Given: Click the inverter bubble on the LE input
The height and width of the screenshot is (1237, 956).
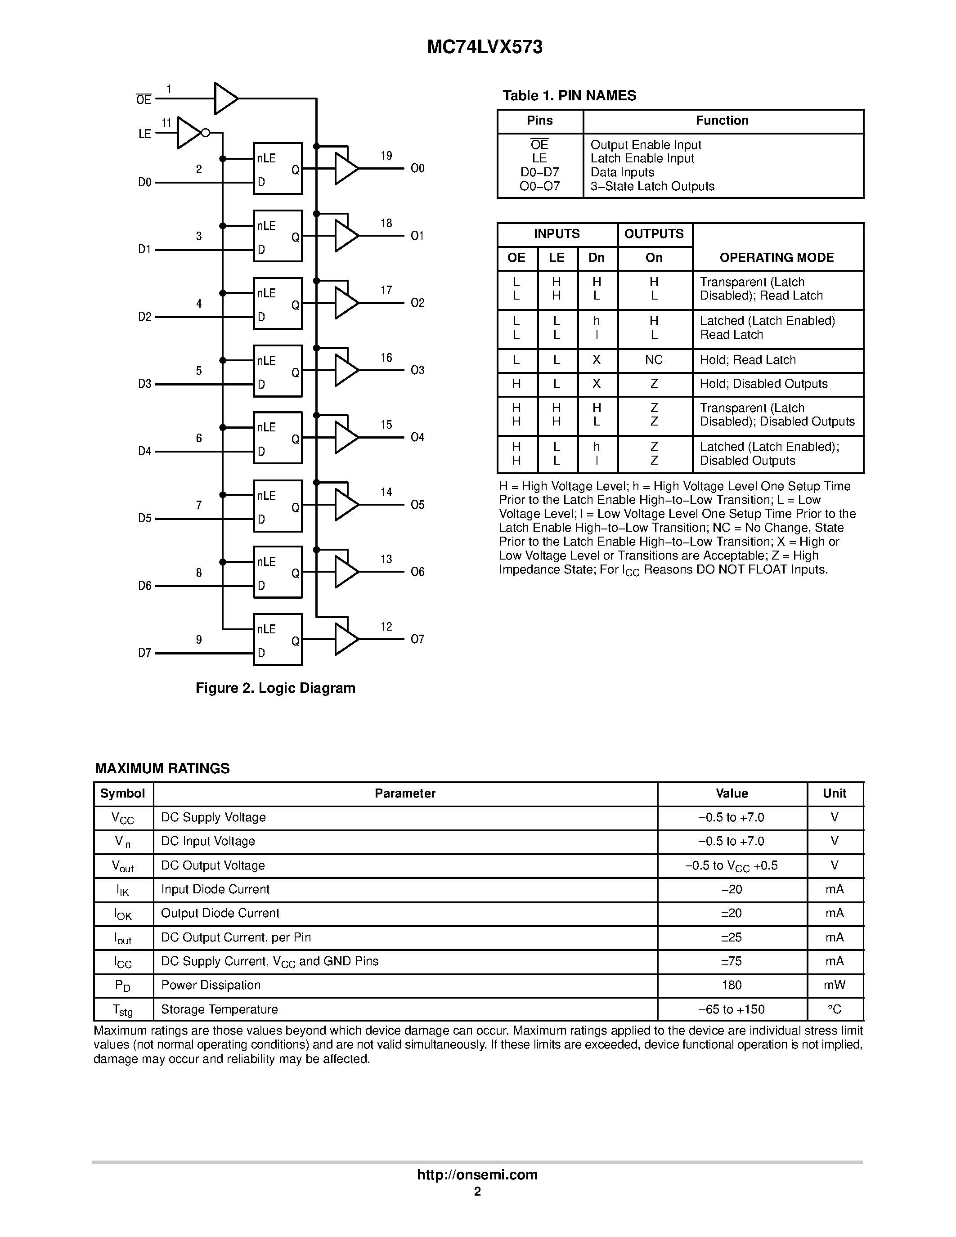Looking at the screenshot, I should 206,133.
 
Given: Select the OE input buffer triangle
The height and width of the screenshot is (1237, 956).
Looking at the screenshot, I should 225,99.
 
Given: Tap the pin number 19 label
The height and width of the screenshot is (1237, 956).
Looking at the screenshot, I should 386,156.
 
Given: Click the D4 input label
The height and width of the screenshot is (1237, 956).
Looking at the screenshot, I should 145,452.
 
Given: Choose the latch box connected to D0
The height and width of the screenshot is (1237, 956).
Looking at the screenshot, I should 278,168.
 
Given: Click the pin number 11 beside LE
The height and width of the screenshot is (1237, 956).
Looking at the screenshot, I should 166,123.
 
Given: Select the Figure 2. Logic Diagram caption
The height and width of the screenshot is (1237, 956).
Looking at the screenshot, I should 275,688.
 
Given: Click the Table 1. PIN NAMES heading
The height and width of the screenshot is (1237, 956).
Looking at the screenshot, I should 569,96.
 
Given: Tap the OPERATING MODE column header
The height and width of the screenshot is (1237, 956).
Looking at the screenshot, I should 776,258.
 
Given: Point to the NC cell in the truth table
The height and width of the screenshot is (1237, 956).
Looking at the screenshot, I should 654,360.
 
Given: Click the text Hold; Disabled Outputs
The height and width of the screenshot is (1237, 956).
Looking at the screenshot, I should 763,384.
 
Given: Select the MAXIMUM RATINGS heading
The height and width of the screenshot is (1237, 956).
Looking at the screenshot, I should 162,769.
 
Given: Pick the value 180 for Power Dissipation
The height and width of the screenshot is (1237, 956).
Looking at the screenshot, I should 731,985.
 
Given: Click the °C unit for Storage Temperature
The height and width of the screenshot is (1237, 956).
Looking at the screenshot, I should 834,1009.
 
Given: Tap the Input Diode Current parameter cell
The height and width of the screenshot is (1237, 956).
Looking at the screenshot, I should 215,889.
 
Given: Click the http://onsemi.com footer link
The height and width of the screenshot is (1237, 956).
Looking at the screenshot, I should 477,1174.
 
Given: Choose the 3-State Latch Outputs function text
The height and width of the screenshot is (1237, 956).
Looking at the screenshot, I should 652,186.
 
